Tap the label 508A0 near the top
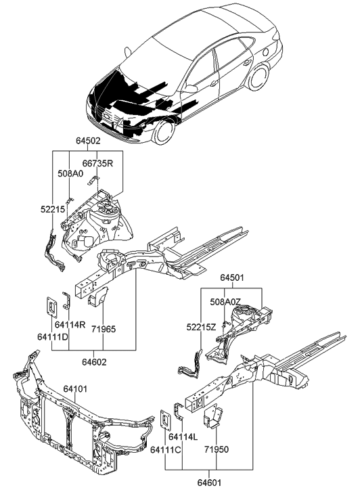71,173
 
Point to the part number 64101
77,388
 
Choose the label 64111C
164,449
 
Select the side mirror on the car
192,88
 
